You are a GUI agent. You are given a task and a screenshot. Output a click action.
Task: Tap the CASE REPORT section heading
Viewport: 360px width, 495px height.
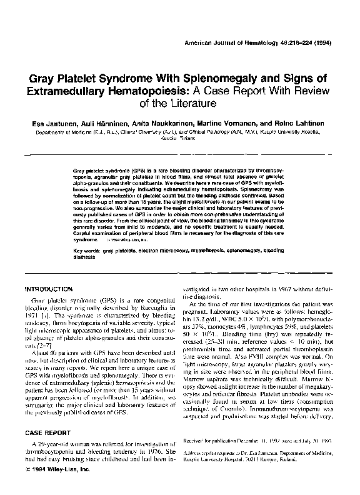point(47,432)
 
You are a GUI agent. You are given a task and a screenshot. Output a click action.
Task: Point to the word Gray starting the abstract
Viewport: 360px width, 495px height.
point(80,171)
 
